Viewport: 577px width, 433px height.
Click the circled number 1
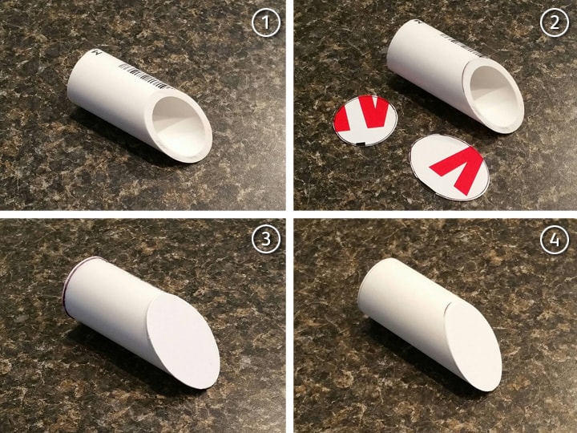click(x=266, y=22)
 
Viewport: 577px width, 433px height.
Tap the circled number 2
click(x=555, y=22)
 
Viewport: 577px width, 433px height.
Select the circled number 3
click(x=266, y=239)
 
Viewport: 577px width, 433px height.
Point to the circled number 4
click(x=555, y=239)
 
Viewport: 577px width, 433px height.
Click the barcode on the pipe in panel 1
click(x=145, y=76)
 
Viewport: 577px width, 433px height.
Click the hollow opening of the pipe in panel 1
click(x=179, y=127)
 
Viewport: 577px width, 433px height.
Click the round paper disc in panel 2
click(x=365, y=120)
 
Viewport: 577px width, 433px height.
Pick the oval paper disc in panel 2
click(x=450, y=168)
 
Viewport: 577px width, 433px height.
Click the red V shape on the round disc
click(x=374, y=112)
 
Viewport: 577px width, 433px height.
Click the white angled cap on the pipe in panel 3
click(x=183, y=341)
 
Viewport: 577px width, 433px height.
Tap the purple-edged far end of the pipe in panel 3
click(x=69, y=285)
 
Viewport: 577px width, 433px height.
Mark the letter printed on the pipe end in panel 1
click(x=97, y=53)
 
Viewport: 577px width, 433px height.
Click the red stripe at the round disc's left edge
click(x=341, y=118)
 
